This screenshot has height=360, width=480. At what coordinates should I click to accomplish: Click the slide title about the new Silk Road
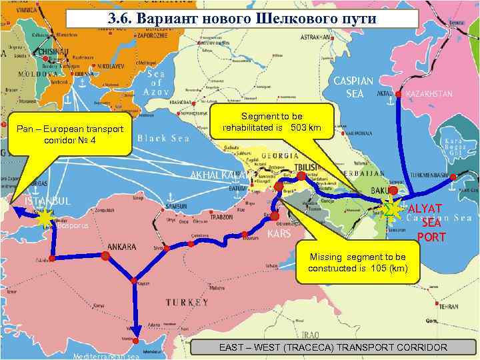[x=243, y=18]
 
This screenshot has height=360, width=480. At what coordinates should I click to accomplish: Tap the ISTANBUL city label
[x=47, y=201]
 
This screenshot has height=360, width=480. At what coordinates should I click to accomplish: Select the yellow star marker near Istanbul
[x=45, y=218]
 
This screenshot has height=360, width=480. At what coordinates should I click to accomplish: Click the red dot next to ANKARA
[x=105, y=256]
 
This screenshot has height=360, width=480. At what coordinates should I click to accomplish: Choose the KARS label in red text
[x=279, y=235]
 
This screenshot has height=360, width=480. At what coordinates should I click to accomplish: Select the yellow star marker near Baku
[x=392, y=209]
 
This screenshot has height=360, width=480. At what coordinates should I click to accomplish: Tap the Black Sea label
[x=163, y=139]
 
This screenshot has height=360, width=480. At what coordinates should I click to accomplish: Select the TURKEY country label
[x=187, y=303]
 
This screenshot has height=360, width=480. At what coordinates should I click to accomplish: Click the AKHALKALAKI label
[x=217, y=175]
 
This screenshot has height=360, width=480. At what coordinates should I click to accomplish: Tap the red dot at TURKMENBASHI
[x=453, y=177]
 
